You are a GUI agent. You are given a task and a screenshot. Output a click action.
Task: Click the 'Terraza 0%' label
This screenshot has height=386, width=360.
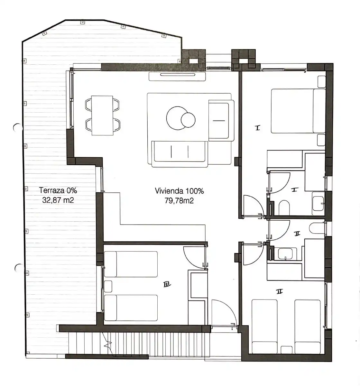coord(58,190)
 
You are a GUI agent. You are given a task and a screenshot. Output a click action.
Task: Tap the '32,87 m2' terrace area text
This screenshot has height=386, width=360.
coord(58,200)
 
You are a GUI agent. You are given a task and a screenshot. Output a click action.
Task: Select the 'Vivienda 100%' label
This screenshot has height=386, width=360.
coord(179,191)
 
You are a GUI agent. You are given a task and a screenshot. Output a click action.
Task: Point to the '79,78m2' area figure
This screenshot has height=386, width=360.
coord(179,200)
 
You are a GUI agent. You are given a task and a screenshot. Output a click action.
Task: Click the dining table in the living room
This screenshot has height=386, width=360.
coord(102,115)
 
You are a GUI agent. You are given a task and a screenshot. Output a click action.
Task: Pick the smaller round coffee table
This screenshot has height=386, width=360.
coord(188,120)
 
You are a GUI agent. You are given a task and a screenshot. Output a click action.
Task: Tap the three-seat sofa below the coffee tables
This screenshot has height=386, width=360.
coord(180,154)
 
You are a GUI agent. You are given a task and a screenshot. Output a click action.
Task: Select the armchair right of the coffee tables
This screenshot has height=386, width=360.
coord(221,121)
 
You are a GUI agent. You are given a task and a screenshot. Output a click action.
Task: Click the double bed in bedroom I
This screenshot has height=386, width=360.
coord(298,111)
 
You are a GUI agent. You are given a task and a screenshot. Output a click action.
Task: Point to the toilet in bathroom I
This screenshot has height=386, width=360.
coord(284,207)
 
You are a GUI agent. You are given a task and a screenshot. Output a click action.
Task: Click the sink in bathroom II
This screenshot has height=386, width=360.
coord(285,254)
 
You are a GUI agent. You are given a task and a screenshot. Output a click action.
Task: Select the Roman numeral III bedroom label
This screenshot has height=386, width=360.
coord(167,285)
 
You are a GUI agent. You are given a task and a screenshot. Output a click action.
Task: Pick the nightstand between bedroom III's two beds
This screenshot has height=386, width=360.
coord(108,286)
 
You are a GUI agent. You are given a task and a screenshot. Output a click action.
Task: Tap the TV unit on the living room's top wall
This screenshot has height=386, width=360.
coord(177,76)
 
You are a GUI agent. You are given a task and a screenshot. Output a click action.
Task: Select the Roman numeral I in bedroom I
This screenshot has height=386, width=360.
coord(257,128)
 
